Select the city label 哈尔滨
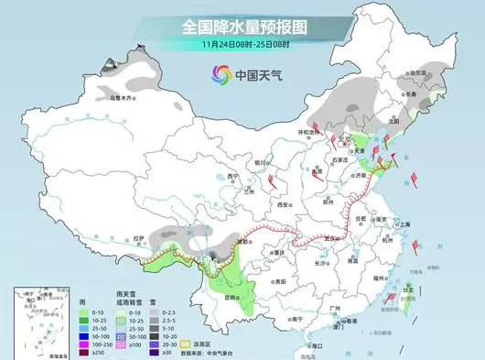pos(418,73)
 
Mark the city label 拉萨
pos(138,238)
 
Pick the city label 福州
pos(377,275)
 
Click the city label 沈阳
pos(394,120)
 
